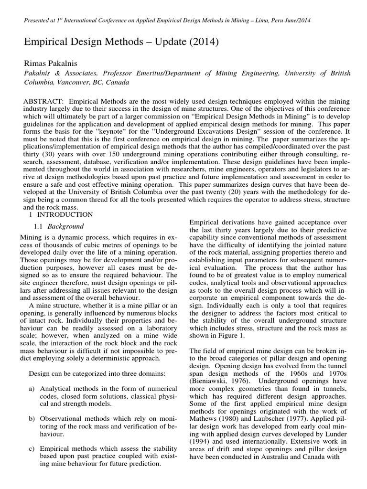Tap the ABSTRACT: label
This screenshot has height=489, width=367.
44,102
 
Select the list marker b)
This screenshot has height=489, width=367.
33,419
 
